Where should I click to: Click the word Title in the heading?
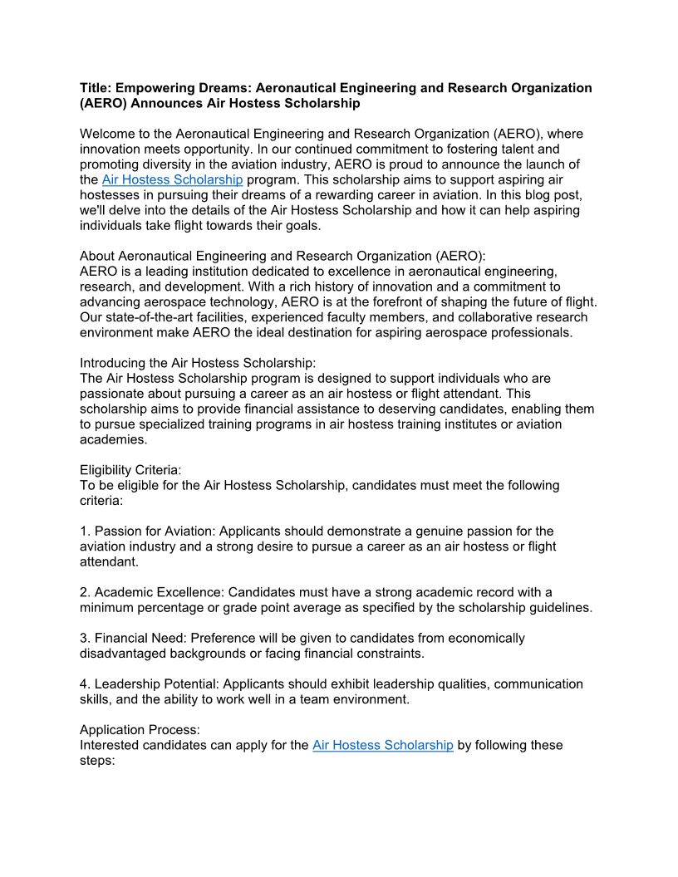(95, 88)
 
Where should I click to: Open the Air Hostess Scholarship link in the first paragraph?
(172, 179)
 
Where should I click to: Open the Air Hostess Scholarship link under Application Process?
(382, 745)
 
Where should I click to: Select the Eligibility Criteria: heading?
(130, 469)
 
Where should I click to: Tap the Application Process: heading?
(140, 730)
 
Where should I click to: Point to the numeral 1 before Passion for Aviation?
(83, 531)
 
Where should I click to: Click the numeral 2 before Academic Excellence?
(83, 592)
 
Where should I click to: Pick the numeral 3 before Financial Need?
(83, 639)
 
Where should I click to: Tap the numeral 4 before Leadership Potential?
(83, 684)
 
